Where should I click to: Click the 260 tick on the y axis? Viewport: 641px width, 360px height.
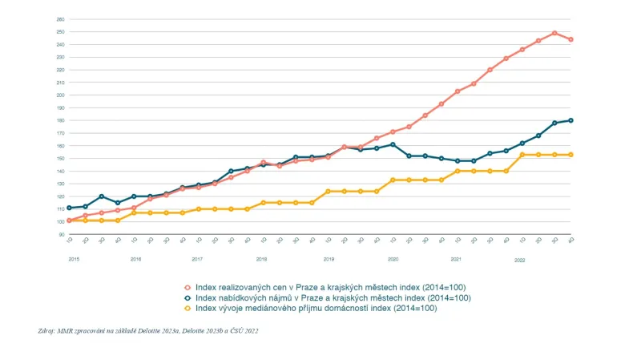click(61, 18)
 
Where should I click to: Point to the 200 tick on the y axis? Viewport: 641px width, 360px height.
click(61, 95)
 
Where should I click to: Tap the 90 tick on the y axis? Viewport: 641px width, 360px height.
click(61, 234)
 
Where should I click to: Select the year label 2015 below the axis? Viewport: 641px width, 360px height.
click(74, 260)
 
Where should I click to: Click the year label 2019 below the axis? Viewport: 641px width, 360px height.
click(328, 260)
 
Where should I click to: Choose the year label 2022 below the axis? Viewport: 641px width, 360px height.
click(520, 260)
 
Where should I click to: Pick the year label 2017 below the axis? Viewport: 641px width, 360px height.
click(198, 260)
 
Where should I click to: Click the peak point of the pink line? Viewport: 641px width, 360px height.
click(554, 33)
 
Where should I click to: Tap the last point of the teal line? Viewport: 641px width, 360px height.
click(570, 120)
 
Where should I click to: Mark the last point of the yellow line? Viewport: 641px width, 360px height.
click(570, 155)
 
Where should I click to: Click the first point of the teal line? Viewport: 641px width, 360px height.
click(69, 208)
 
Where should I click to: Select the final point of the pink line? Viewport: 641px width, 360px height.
click(570, 39)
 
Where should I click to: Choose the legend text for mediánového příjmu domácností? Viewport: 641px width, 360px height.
click(328, 308)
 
